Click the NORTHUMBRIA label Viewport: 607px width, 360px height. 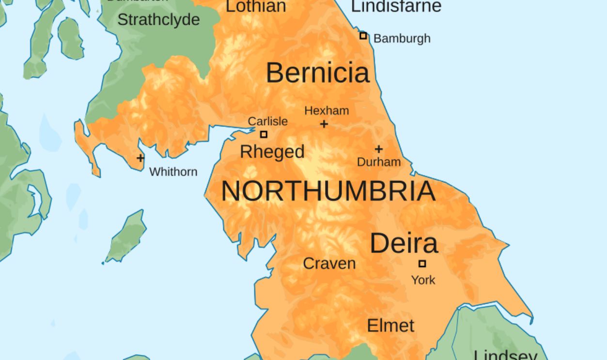pyautogui.click(x=328, y=191)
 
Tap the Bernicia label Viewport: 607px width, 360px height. pyautogui.click(x=317, y=73)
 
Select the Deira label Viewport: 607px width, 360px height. pyautogui.click(x=404, y=243)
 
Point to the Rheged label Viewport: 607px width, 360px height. pyautogui.click(x=272, y=152)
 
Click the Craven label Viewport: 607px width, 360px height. pyautogui.click(x=329, y=264)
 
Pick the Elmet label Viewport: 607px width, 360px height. pyautogui.click(x=390, y=326)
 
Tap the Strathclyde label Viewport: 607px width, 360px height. pyautogui.click(x=158, y=20)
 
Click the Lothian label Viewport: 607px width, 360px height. pyautogui.click(x=256, y=6)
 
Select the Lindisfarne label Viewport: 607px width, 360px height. pyautogui.click(x=396, y=6)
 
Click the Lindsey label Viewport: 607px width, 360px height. pyautogui.click(x=505, y=354)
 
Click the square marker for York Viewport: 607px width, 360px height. pyautogui.click(x=422, y=264)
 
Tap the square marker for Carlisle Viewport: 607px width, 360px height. pyautogui.click(x=264, y=134)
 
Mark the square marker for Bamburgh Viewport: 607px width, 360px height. pyautogui.click(x=363, y=35)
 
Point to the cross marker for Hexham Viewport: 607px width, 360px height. pyautogui.click(x=324, y=124)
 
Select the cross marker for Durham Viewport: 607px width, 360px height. pyautogui.click(x=378, y=149)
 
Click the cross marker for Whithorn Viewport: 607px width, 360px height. pyautogui.click(x=140, y=158)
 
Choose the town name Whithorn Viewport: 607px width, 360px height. pyautogui.click(x=173, y=172)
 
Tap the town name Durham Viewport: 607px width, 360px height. pyautogui.click(x=379, y=162)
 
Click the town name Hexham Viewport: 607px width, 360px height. pyautogui.click(x=327, y=111)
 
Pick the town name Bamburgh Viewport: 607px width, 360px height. pyautogui.click(x=402, y=39)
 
